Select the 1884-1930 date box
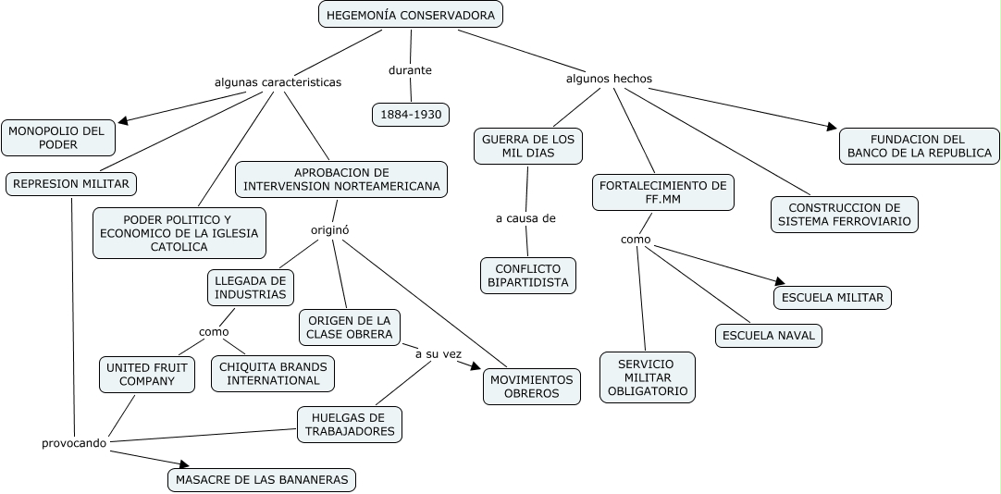coord(410,115)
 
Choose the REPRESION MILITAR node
coord(71,184)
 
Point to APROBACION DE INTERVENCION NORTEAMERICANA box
coord(341,179)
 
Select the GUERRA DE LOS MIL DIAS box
coord(528,146)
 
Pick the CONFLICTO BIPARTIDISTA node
coord(527,276)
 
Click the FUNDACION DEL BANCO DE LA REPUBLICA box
coord(919,146)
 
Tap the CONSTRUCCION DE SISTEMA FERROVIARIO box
coord(844,215)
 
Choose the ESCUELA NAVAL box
coord(768,335)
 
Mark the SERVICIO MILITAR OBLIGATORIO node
coord(647,377)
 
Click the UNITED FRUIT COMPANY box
coord(146,375)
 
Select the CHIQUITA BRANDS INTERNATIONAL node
coord(273,374)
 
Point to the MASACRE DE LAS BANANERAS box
coord(262,479)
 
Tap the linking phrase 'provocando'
coord(74,443)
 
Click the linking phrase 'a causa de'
coord(525,218)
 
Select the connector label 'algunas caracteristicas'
coord(278,82)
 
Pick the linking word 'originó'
coord(329,229)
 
